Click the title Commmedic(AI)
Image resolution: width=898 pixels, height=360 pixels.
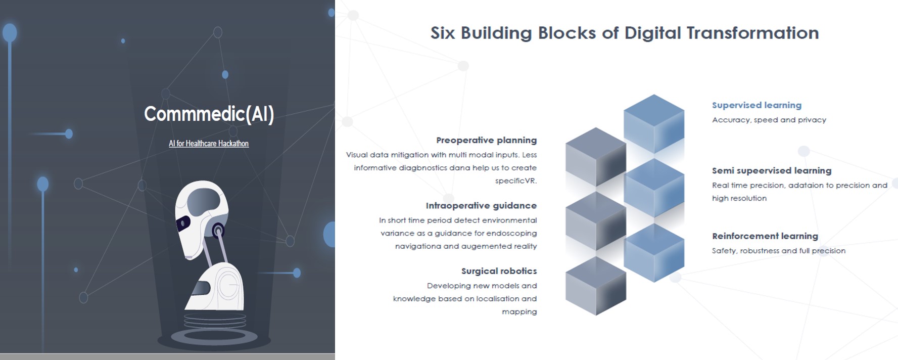(209, 114)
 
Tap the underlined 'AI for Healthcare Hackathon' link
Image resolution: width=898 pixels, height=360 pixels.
(209, 144)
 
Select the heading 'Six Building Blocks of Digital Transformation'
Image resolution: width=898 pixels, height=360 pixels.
(625, 33)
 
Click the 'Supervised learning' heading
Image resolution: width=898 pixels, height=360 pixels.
(757, 105)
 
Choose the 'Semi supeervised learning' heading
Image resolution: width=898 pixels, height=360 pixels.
(771, 170)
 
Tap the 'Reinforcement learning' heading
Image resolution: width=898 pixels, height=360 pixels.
(765, 236)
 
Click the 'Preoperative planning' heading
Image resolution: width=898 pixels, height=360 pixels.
(486, 140)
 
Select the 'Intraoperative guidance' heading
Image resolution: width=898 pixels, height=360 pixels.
(481, 206)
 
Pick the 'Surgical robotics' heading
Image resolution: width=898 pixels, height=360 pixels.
(499, 271)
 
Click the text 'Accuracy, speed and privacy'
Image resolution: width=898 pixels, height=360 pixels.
(769, 120)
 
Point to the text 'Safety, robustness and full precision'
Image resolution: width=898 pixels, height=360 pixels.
(778, 251)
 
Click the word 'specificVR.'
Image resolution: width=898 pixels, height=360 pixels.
(515, 181)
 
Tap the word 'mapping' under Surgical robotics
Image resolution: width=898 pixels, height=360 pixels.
(519, 311)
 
